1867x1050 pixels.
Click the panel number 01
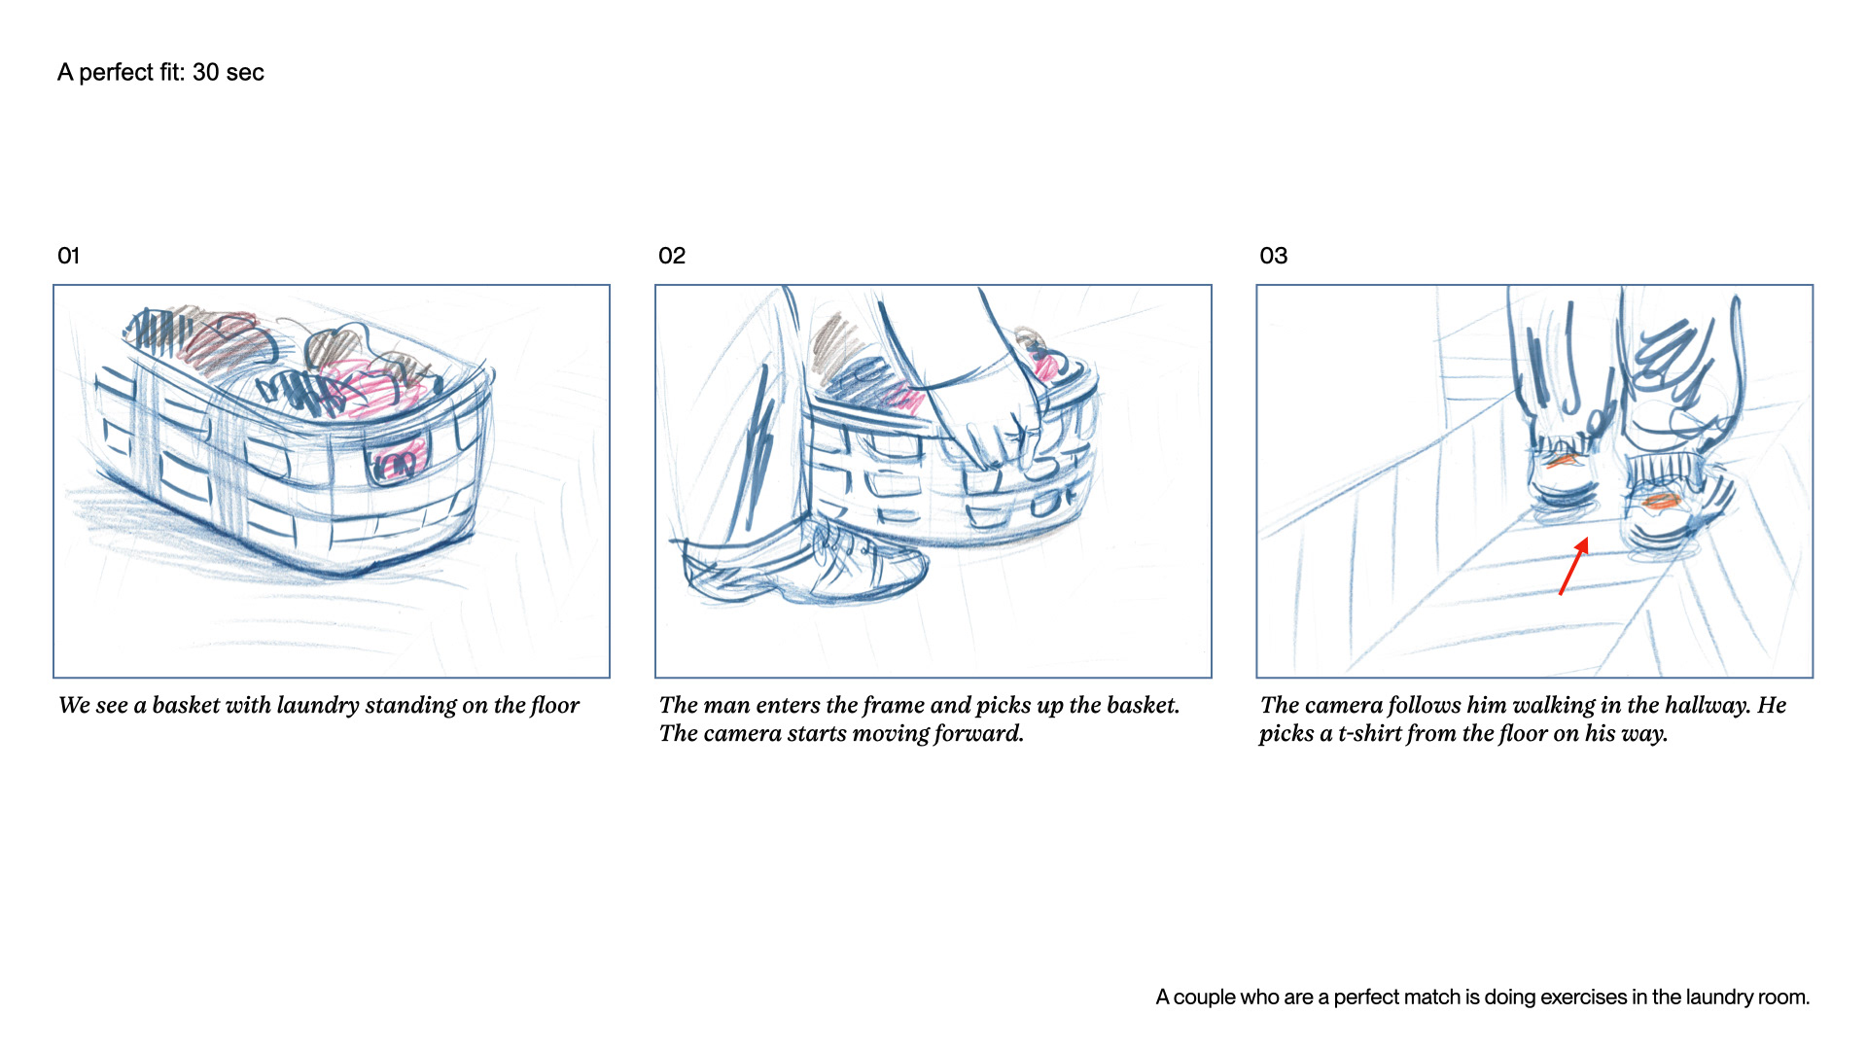(68, 256)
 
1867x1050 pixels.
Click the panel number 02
(672, 256)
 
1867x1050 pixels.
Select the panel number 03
(1273, 256)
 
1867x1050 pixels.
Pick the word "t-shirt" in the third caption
(1369, 733)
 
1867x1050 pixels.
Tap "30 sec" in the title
(228, 73)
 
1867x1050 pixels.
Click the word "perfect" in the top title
(116, 73)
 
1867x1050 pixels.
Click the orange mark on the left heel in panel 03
(1561, 461)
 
